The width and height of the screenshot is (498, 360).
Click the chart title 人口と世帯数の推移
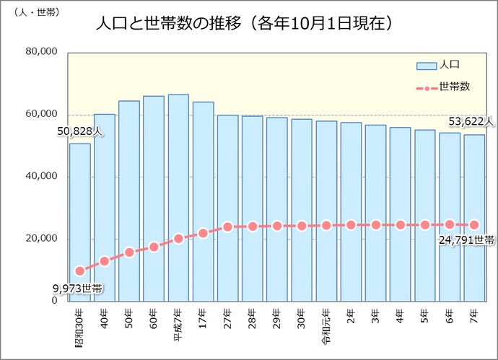(245, 24)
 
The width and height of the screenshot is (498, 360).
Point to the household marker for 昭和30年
(80, 271)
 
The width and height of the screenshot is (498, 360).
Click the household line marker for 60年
(154, 247)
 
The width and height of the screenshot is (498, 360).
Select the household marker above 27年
(228, 227)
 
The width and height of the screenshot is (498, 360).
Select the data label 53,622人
(471, 120)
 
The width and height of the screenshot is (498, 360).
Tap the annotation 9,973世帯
(77, 289)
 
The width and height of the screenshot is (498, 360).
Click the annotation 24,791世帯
(466, 240)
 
